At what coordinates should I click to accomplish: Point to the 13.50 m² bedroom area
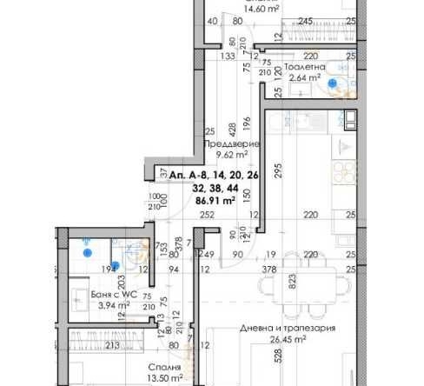coord(164,378)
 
